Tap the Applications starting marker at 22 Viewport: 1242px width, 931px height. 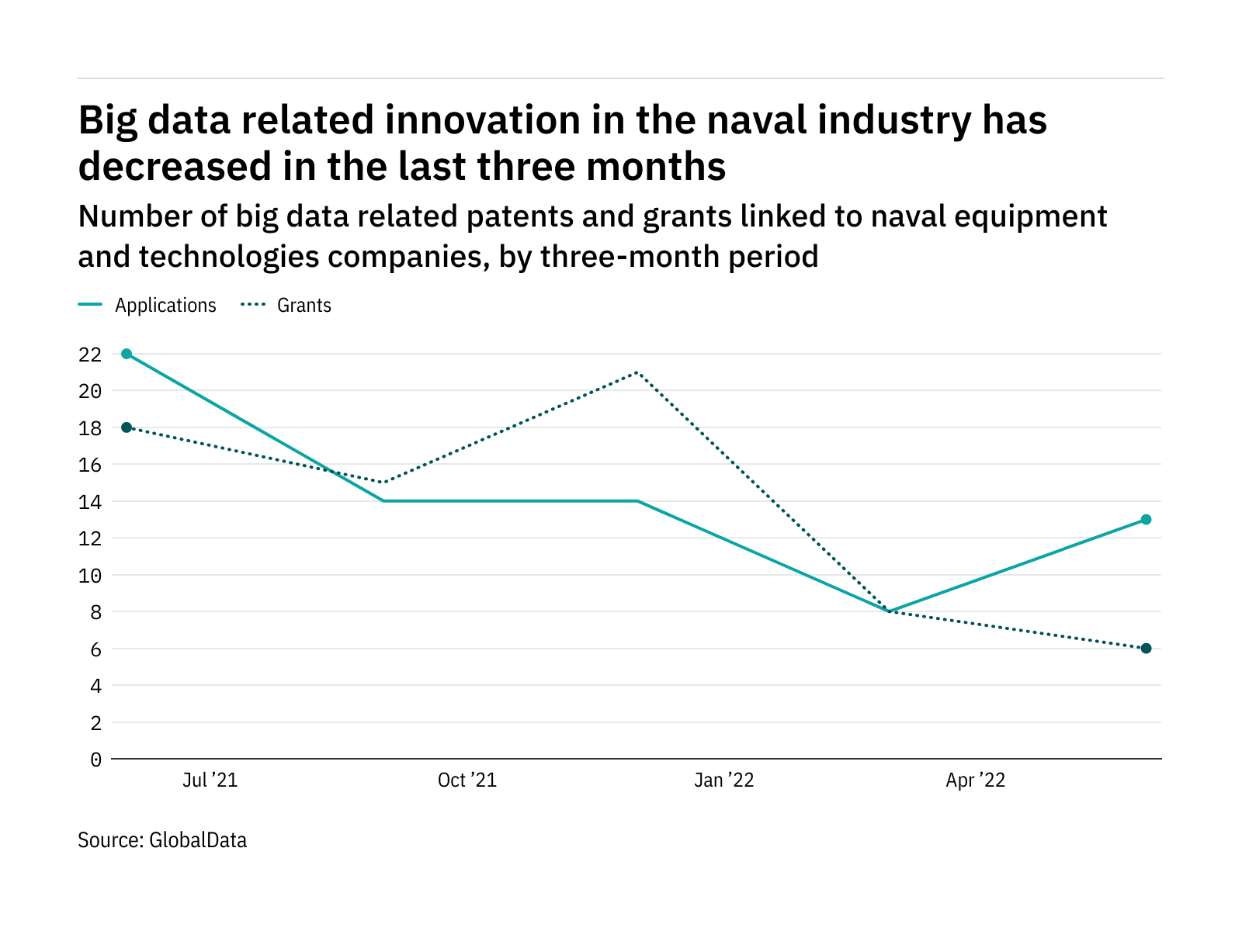pos(127,354)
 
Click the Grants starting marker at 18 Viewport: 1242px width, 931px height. pos(127,427)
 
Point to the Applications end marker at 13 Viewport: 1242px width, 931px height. pos(1146,520)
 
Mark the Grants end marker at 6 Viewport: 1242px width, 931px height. pos(1146,649)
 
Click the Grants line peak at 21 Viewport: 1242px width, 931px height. pos(637,372)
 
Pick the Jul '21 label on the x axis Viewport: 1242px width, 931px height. pos(210,780)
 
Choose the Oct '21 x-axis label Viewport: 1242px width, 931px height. pos(467,780)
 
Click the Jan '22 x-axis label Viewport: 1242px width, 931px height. pos(723,780)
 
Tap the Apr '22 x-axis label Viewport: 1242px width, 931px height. pos(975,780)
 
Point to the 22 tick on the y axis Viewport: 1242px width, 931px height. pos(90,355)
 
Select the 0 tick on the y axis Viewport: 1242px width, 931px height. pos(95,760)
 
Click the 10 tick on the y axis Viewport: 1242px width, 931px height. pos(90,576)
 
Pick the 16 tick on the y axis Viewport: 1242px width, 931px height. pos(90,465)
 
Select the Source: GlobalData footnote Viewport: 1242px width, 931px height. pos(162,840)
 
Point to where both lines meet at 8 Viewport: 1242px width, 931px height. pos(890,611)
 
